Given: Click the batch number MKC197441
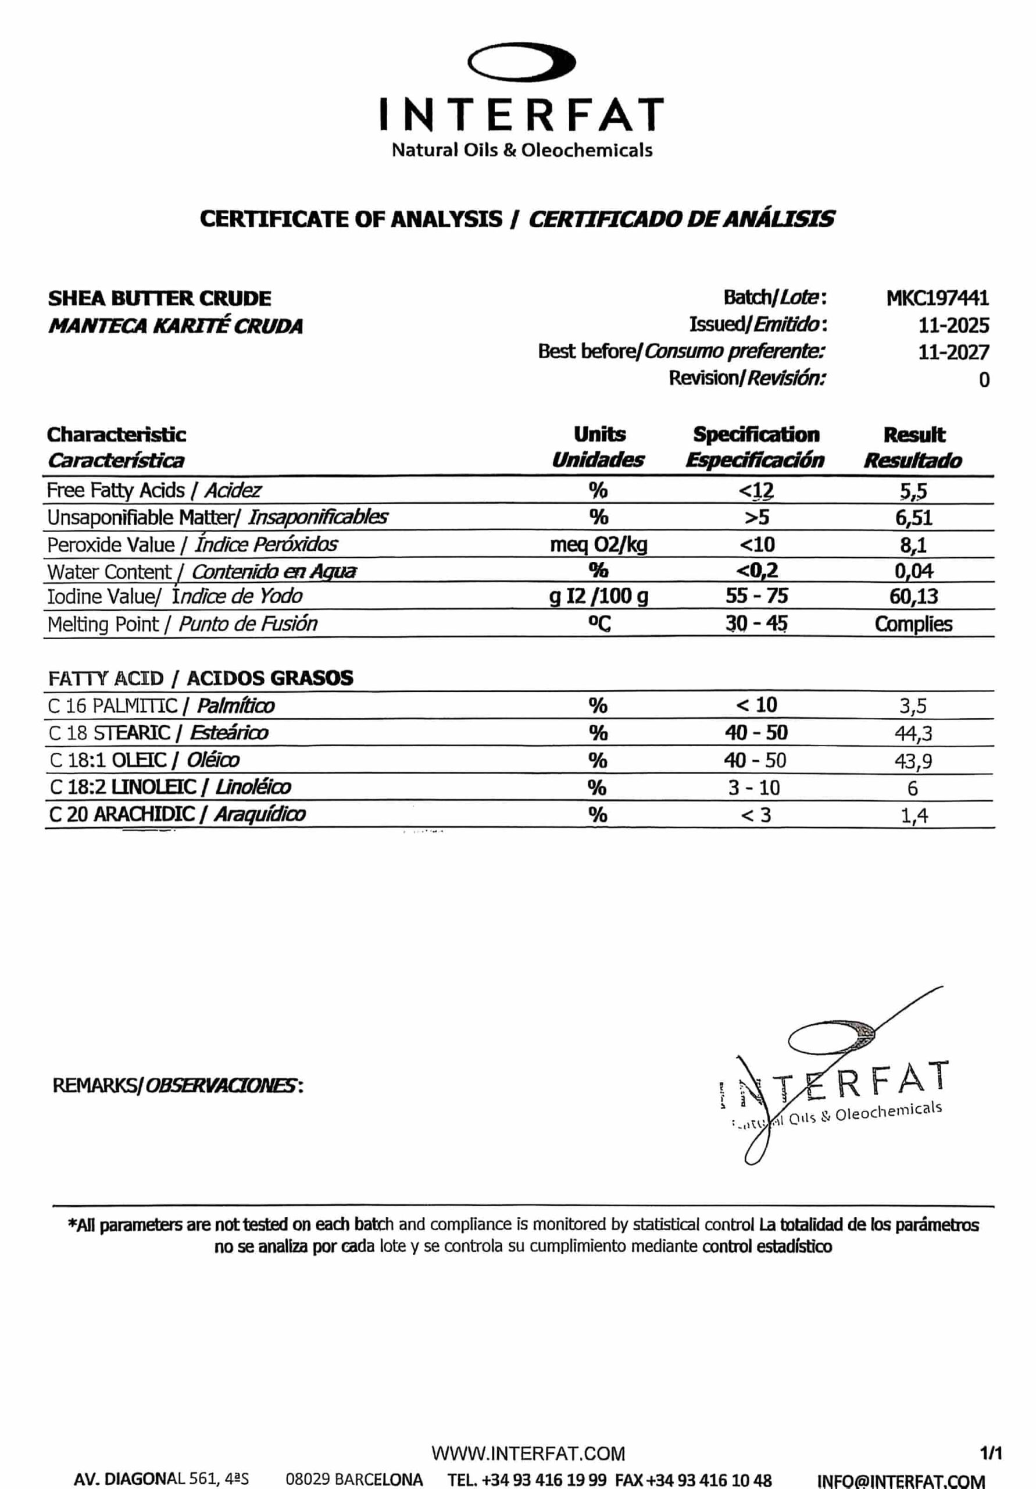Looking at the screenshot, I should point(937,298).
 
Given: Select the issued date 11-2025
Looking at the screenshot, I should point(953,325).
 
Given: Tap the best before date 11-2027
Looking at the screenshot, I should point(953,352).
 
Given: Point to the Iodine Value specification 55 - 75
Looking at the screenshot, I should point(756,596).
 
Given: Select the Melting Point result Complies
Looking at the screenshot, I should point(913,624).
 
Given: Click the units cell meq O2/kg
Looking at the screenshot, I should point(598,545).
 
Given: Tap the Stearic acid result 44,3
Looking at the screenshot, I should point(913,733).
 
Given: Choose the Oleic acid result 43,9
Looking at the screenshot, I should point(913,761).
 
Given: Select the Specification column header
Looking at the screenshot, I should point(755,434).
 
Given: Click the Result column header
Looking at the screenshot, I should point(913,434).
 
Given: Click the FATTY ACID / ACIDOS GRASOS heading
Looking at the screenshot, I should point(201,678).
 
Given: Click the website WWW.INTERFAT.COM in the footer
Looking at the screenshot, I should point(528,1454).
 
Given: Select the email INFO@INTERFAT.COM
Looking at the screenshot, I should point(901,1480).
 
